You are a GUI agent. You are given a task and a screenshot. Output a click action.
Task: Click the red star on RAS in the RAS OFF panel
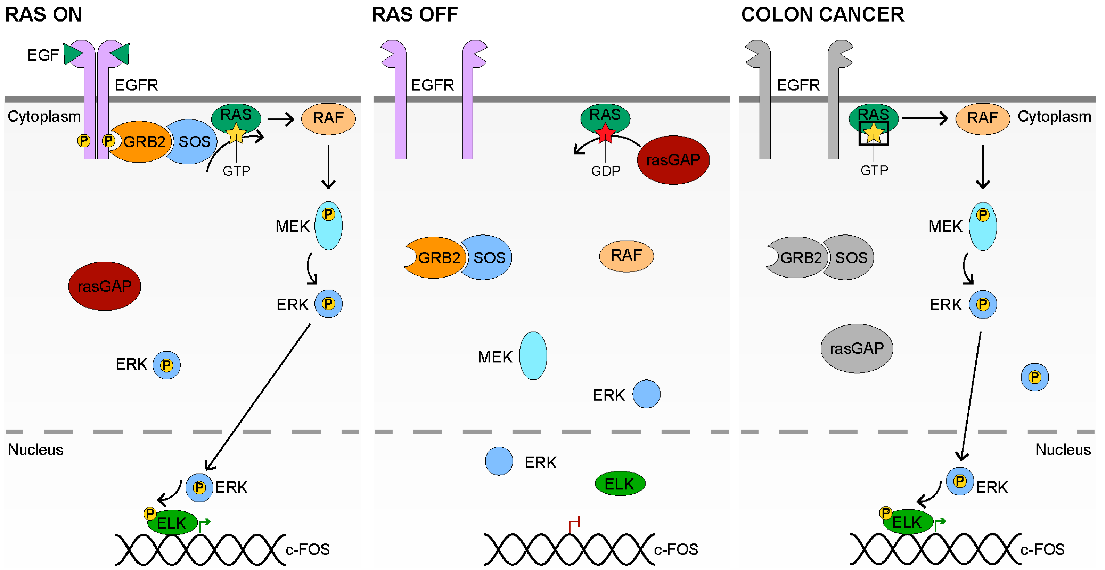pos(605,133)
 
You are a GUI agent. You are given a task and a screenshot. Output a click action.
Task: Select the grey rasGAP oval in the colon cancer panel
pos(857,348)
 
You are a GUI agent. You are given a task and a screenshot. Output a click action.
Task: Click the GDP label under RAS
pos(605,171)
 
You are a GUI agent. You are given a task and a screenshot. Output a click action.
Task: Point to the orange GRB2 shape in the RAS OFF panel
pos(435,258)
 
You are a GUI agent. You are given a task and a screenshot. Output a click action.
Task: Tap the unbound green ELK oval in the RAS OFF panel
pos(620,484)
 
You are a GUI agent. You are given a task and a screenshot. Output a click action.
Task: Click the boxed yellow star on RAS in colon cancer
pos(873,133)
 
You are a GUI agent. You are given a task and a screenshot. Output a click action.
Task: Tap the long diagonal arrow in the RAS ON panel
pos(257,397)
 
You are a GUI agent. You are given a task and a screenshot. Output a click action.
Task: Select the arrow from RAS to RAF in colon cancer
pos(925,118)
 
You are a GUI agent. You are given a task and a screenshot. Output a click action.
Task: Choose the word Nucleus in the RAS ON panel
pos(36,449)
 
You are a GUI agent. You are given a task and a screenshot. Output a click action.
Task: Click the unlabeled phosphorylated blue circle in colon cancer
pos(1035,377)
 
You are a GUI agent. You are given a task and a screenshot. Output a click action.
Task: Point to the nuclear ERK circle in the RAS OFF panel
pos(499,461)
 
